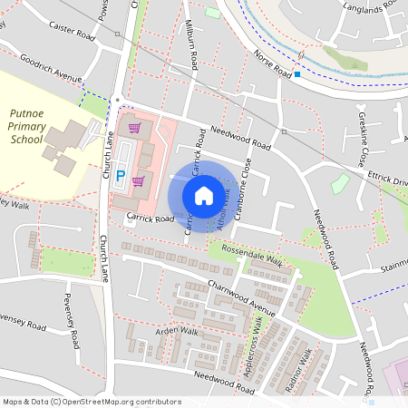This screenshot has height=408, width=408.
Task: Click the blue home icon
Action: coord(204,195)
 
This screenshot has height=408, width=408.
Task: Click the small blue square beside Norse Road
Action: coord(297,74)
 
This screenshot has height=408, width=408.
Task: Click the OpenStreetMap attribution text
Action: coord(91,401)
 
